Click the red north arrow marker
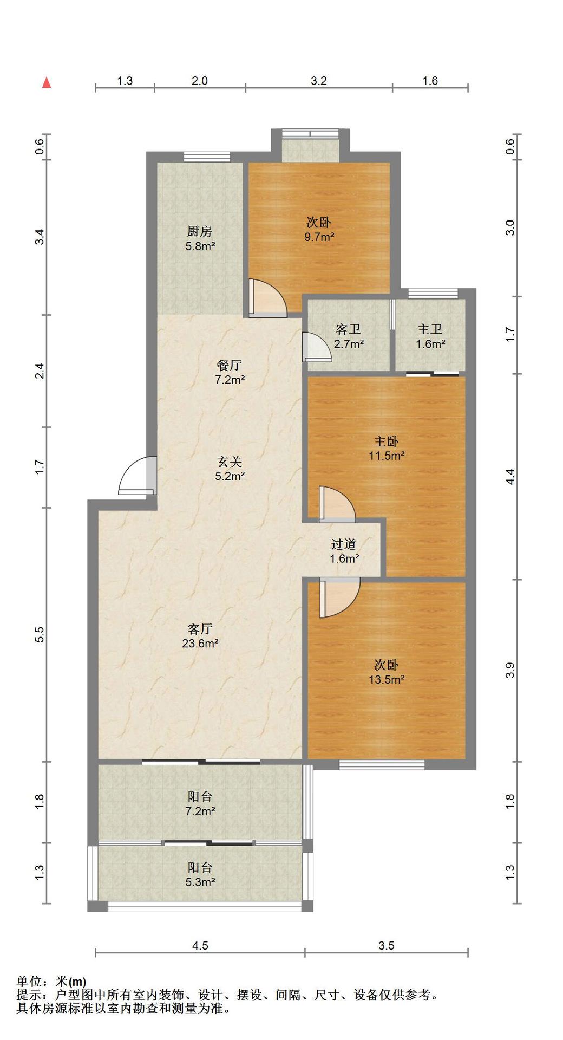[47, 82]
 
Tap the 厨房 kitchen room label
[199, 232]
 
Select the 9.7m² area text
[319, 237]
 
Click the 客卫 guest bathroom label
[348, 329]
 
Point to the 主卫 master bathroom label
[430, 329]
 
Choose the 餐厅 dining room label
[229, 366]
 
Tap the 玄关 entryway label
[229, 462]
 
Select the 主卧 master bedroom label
[387, 441]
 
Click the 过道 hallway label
[344, 544]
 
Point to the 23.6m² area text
[200, 643]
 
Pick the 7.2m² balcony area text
[200, 811]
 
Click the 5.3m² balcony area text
[200, 882]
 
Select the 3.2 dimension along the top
[319, 81]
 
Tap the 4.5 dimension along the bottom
[200, 945]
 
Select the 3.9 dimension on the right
[510, 671]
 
